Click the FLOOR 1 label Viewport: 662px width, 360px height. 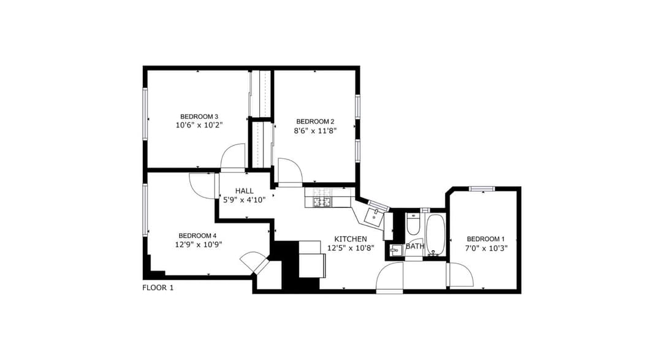[x=158, y=288]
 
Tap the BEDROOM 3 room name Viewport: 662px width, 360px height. [x=199, y=117]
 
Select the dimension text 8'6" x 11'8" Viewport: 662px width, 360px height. [x=315, y=131]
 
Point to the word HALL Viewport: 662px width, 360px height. [x=245, y=191]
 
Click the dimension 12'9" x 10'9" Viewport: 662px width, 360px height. [x=199, y=244]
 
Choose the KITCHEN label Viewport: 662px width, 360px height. [x=351, y=239]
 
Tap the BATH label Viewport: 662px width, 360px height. [x=415, y=246]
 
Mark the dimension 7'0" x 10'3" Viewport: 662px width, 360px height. [x=486, y=248]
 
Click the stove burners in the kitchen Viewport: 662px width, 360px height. [x=322, y=202]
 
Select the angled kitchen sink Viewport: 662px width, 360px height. [x=374, y=217]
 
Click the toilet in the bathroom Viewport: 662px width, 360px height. [x=413, y=224]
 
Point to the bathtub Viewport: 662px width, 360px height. [x=435, y=235]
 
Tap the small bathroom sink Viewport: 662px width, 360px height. [x=395, y=251]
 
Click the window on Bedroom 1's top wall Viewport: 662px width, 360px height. [x=482, y=189]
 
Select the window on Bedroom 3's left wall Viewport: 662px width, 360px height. [x=145, y=113]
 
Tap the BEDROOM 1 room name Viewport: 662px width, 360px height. [x=485, y=239]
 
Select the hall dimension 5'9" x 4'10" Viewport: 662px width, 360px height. [x=245, y=201]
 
